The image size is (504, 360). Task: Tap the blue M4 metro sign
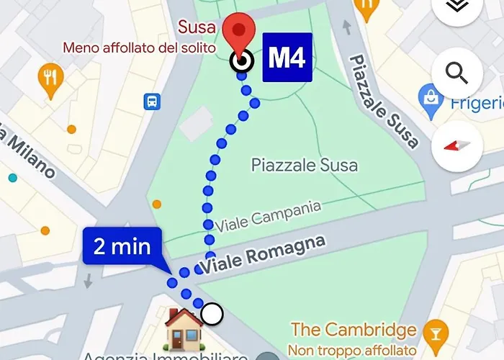coord(287,58)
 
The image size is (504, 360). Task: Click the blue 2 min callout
coord(122,248)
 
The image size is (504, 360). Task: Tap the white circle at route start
coord(212,314)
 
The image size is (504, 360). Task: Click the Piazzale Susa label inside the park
coord(304,165)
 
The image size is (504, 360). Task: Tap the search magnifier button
coord(457,72)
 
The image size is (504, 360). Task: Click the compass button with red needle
coord(457,145)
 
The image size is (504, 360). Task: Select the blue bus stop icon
coord(153,102)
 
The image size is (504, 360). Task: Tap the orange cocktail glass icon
coord(434,330)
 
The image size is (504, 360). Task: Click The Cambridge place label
coord(354,330)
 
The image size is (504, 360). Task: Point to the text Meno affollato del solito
coord(140,48)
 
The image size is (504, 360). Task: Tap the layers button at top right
coord(457,6)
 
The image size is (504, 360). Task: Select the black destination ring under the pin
coord(241,60)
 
